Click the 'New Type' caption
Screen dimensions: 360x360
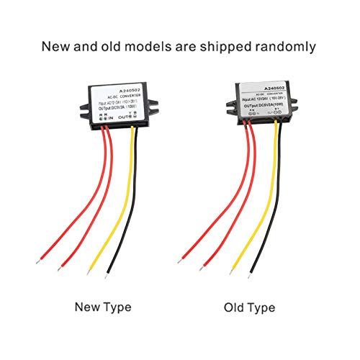coord(103,307)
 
